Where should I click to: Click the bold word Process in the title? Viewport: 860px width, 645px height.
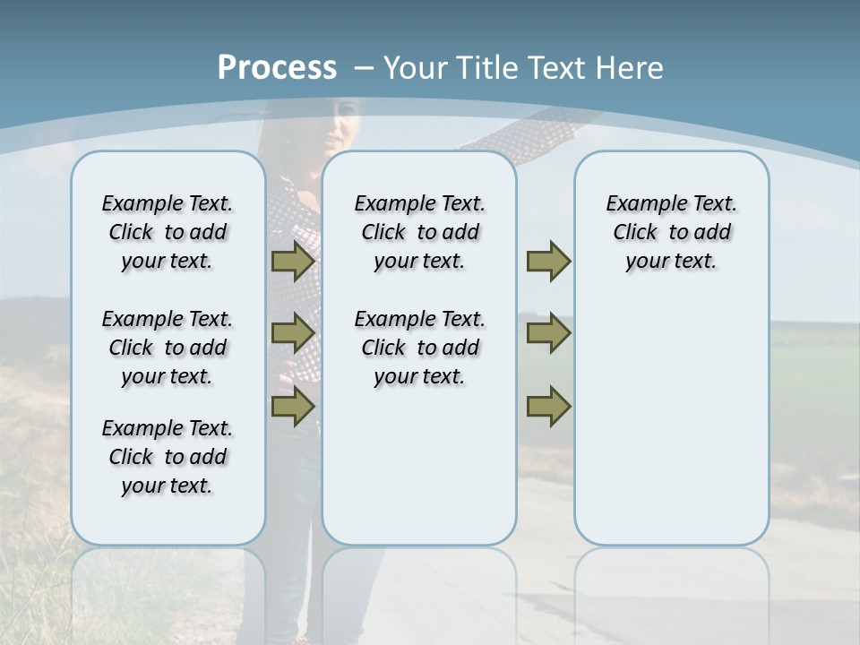pyautogui.click(x=277, y=68)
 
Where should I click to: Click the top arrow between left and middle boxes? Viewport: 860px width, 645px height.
pyautogui.click(x=293, y=262)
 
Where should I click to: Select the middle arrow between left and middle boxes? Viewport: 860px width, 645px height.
pyautogui.click(x=293, y=333)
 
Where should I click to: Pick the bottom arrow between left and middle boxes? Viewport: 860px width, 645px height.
pyautogui.click(x=293, y=406)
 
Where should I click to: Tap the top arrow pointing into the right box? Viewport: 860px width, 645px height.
pyautogui.click(x=548, y=262)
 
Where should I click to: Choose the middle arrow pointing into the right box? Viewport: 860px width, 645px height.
pyautogui.click(x=548, y=333)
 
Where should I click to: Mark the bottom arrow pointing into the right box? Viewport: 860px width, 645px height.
pyautogui.click(x=548, y=406)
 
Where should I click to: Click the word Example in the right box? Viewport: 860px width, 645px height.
pyautogui.click(x=638, y=204)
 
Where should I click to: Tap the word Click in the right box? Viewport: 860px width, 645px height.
pyautogui.click(x=635, y=233)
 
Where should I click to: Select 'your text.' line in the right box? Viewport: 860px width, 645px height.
pyautogui.click(x=671, y=262)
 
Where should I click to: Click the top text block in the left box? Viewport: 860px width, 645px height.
pyautogui.click(x=168, y=233)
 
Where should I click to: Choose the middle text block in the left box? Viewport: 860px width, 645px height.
pyautogui.click(x=168, y=348)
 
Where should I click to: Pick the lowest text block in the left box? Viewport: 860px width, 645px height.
pyautogui.click(x=168, y=457)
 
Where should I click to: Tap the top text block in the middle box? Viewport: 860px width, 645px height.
pyautogui.click(x=419, y=233)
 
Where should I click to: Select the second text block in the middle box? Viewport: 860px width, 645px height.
pyautogui.click(x=419, y=348)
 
